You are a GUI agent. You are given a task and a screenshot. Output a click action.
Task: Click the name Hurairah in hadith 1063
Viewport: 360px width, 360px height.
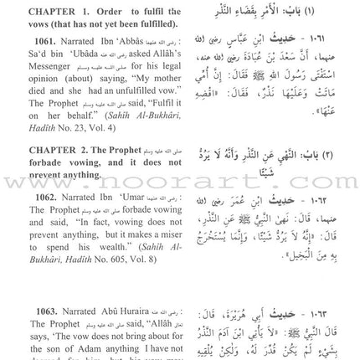click(x=135, y=299)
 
